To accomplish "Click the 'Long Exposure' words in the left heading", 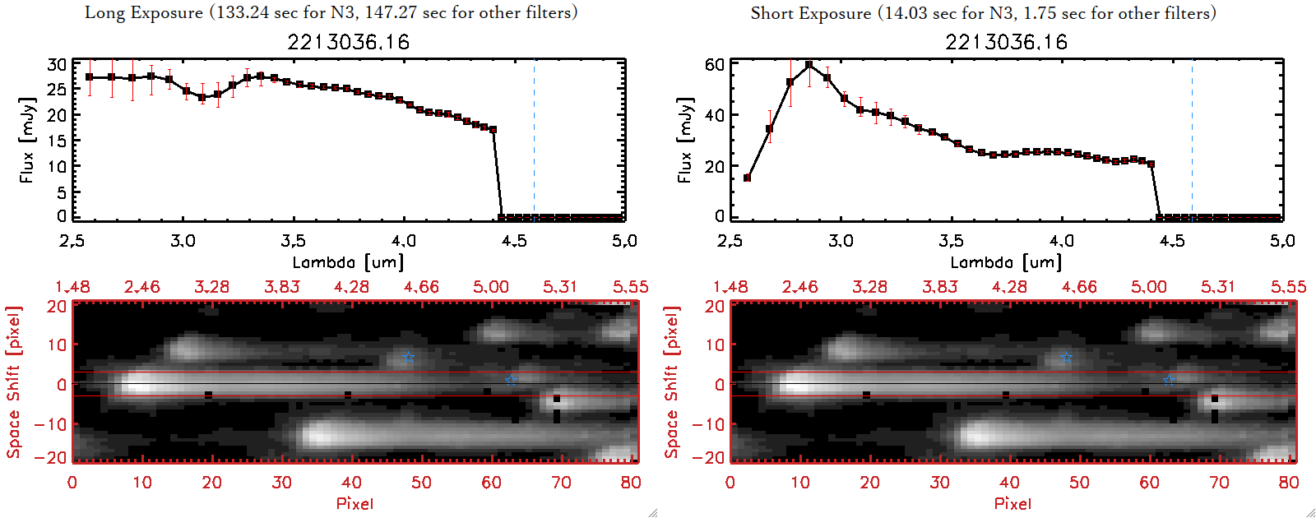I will point(144,12).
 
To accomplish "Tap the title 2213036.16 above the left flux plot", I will point(348,42).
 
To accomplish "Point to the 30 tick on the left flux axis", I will point(57,65).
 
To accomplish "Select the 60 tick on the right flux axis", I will point(715,65).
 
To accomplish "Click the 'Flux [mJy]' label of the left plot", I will point(27,141).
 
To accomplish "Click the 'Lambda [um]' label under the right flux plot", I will point(1006,262).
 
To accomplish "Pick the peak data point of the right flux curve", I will point(809,64).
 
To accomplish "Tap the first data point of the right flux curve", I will point(747,178).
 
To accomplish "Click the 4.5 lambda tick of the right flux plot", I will point(1171,241).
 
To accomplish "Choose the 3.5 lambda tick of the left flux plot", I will point(293,241).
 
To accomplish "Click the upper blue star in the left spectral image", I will point(409,358).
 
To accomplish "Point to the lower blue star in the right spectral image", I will point(1169,380).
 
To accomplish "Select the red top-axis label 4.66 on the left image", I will point(421,287).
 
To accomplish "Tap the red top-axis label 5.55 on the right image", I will point(1288,287).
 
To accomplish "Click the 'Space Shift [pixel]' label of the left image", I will point(13,382).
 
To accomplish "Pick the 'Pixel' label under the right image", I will point(1012,503).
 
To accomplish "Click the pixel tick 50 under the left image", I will point(421,483).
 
